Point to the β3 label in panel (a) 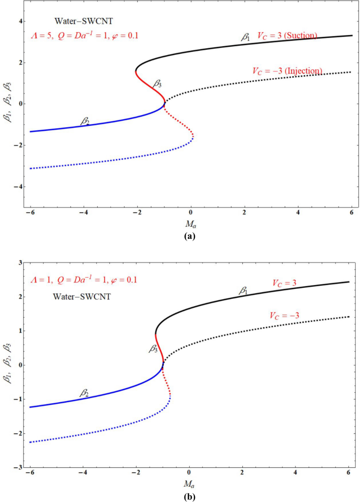[157, 83]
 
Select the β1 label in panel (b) [244, 290]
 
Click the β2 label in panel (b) [84, 392]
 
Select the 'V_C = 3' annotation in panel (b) [284, 283]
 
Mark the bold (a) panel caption [190, 237]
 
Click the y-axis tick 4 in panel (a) [22, 22]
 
